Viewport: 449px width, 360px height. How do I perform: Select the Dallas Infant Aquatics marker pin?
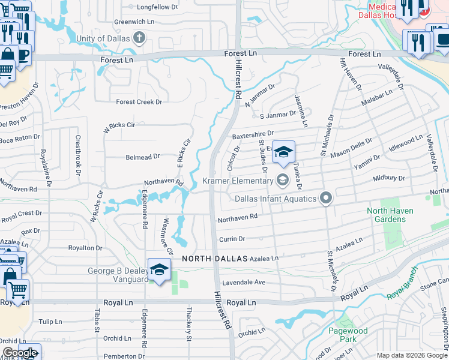pyautogui.click(x=326, y=197)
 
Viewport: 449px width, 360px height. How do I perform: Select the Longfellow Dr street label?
pyautogui.click(x=157, y=7)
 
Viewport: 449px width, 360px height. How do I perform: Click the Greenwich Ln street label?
pyautogui.click(x=134, y=22)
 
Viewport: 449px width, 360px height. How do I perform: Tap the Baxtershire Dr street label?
pyautogui.click(x=253, y=133)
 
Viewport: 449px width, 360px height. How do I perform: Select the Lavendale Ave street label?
pyautogui.click(x=243, y=281)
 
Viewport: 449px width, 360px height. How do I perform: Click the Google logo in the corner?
pyautogui.click(x=20, y=353)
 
